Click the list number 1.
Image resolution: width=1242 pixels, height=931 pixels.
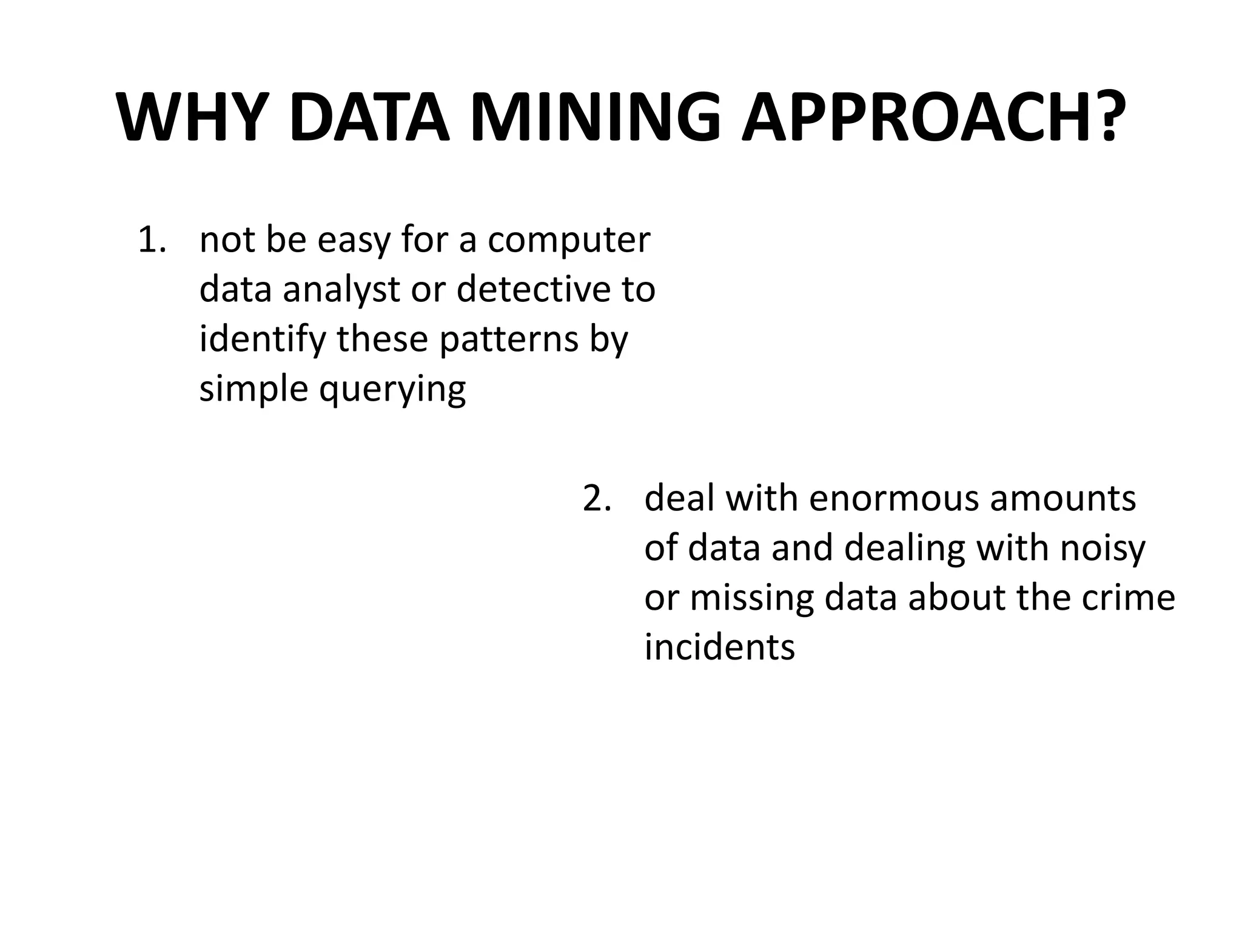(x=151, y=240)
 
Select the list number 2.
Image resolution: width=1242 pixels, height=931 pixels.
(x=596, y=499)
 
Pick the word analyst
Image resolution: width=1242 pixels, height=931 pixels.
(x=341, y=290)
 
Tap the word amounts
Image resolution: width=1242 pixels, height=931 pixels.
(x=1062, y=499)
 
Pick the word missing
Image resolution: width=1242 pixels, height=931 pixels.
(x=751, y=599)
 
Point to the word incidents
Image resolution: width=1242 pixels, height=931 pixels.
(x=719, y=647)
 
